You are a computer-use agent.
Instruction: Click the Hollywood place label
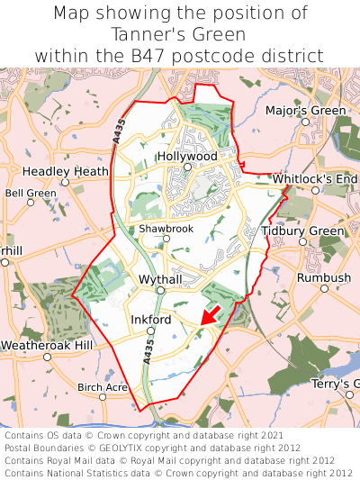[x=187, y=156]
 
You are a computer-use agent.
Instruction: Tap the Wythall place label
[x=160, y=280]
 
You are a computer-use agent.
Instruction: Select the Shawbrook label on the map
[x=166, y=229]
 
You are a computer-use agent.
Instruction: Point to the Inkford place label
[x=150, y=320]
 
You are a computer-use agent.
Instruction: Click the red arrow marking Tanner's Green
[x=210, y=315]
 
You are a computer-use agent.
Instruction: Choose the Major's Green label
[x=305, y=111]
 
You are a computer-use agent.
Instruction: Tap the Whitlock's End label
[x=315, y=179]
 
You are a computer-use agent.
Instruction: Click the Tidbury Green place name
[x=302, y=231]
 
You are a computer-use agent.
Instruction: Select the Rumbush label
[x=324, y=278]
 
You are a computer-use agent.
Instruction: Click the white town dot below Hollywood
[x=187, y=167]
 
